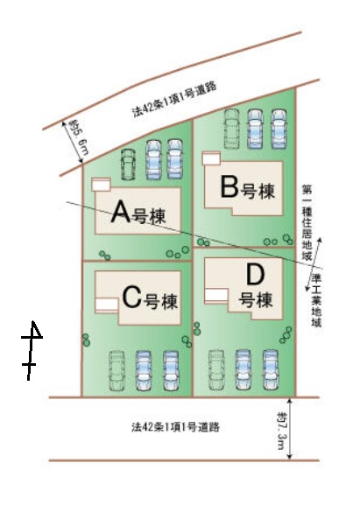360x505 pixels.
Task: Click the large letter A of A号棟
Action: tap(121, 212)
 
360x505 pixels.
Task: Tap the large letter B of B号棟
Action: tap(229, 186)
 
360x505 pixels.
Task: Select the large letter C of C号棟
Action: tap(132, 298)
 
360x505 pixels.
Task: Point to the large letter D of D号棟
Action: tap(255, 275)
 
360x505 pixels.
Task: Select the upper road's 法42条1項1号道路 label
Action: tap(174, 100)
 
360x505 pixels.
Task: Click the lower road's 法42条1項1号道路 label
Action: tap(176, 427)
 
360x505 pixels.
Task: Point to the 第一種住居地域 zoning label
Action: tap(307, 222)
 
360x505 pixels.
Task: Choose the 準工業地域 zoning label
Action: tap(316, 300)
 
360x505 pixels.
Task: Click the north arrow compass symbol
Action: tap(32, 350)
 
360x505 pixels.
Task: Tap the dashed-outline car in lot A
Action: tap(128, 165)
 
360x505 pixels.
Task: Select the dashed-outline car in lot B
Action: tap(231, 129)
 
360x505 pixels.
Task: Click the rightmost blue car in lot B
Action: tap(279, 129)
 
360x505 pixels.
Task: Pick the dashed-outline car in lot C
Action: tap(116, 370)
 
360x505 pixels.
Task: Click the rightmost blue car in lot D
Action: tap(271, 369)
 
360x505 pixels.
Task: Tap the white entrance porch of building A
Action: tap(102, 184)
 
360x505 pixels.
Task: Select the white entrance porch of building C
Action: tap(107, 305)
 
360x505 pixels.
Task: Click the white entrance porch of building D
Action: tap(216, 297)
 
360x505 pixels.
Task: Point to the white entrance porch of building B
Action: tap(211, 158)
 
